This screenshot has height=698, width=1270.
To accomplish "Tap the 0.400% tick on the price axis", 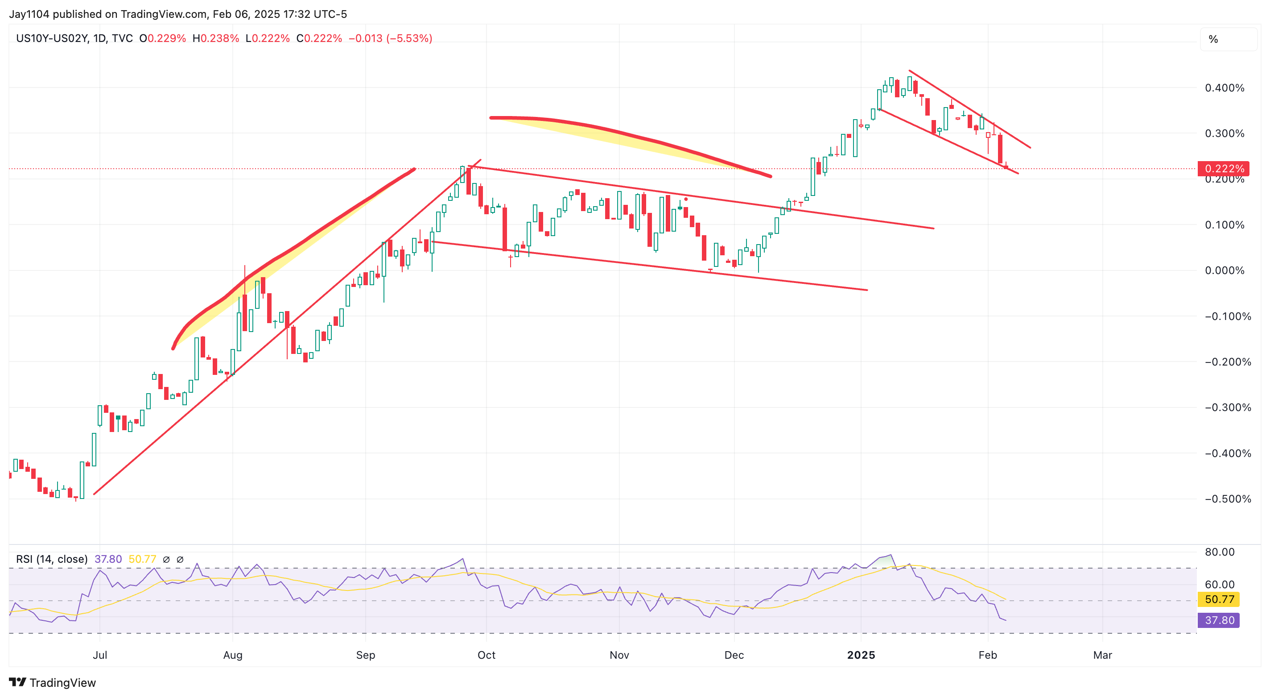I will point(1224,88).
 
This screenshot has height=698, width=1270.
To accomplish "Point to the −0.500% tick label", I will point(1228,499).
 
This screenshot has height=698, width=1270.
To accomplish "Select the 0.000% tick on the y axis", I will point(1224,270).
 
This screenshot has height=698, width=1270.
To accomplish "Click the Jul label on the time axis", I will point(99,655).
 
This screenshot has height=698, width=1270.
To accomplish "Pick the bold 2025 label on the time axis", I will point(861,655).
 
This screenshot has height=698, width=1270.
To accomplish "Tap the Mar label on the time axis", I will point(1102,655).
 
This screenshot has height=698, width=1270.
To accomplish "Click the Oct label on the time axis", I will point(486,655).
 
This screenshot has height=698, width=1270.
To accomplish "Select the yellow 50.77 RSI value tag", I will point(1219,599).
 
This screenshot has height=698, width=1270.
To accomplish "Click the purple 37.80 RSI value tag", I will point(1219,620).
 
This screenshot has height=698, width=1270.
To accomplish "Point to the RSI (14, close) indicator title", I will point(52,559).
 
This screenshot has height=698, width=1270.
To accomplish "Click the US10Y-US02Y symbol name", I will point(52,38).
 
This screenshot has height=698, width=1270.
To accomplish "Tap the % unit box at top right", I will point(1213,39).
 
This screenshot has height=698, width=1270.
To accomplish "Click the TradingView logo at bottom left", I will point(52,683).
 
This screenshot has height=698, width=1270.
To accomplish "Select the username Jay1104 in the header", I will point(29,14).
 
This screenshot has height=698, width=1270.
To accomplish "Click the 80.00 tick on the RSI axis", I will point(1220,552).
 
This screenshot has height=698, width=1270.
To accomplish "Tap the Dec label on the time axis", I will point(734,655).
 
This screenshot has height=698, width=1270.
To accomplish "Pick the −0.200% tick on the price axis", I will point(1228,361).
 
